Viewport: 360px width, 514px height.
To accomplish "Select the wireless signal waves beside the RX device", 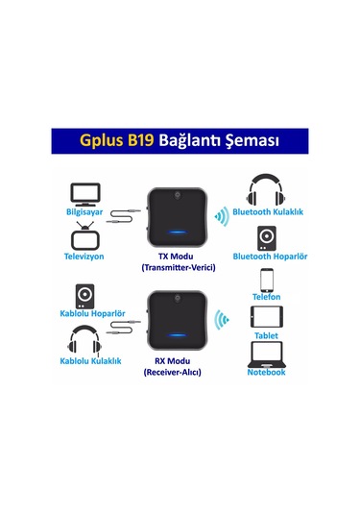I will [x=221, y=318].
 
